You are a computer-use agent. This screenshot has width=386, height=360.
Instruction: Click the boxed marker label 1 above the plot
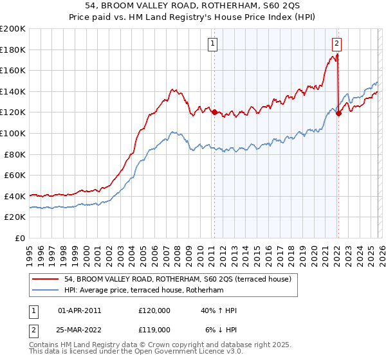click(213, 44)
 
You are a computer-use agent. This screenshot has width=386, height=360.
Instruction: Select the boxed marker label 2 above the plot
click(336, 44)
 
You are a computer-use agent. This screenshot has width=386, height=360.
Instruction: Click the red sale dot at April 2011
click(214, 112)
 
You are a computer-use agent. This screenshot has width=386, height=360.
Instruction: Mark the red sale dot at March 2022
click(338, 113)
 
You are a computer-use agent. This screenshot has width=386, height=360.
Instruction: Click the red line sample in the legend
click(45, 279)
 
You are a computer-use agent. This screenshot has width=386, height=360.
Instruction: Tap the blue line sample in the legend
click(45, 291)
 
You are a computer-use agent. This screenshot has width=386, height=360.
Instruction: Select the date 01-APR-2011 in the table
click(79, 310)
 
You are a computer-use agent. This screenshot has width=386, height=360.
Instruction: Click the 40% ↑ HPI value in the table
click(219, 310)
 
